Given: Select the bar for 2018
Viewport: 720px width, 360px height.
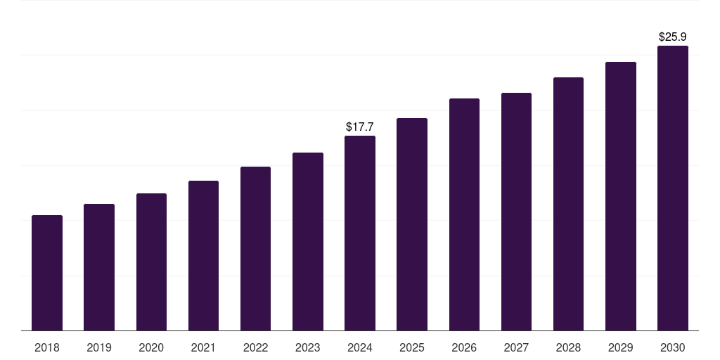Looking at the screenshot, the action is coord(47,273).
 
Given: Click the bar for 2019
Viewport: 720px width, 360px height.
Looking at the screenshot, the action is coord(98,267).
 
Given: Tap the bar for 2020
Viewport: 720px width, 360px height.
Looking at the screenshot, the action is coord(151,262).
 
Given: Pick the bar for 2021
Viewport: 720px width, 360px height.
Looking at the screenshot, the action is coord(203,256).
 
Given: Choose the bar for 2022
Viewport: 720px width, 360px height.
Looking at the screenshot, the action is coord(255,248).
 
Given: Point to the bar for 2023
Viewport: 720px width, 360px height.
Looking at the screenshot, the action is coord(308,242).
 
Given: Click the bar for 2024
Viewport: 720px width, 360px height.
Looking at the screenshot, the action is coord(360,233).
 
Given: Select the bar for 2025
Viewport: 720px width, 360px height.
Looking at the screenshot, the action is coord(412,224).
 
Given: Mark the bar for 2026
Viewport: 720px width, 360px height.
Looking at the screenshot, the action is coord(464,214).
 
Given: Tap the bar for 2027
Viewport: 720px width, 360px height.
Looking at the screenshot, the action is coord(516,212).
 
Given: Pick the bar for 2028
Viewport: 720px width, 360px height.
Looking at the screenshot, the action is coord(568,204).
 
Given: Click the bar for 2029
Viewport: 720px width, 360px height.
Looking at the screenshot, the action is coord(621,196).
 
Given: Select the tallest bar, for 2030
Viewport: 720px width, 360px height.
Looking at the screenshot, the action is coord(673,188).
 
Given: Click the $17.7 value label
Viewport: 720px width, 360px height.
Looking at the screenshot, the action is coord(360,127).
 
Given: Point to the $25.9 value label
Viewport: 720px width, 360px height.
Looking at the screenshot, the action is coord(673,37).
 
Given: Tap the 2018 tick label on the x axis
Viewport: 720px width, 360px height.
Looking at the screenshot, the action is coord(47,347).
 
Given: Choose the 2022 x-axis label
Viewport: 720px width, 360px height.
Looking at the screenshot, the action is coord(255,347).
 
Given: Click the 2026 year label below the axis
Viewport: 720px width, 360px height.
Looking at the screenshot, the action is coord(464,347).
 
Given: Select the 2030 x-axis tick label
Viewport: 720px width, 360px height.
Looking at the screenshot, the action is coord(673,347).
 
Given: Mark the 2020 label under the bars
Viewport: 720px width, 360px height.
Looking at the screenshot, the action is coord(151,347).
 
